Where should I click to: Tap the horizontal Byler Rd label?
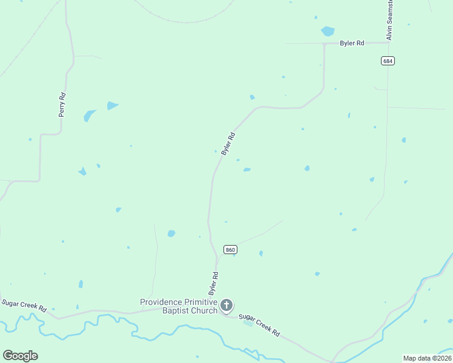352,43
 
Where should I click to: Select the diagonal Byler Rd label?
228,144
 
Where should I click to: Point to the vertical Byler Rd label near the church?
214,283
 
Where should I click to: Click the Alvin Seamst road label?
390,21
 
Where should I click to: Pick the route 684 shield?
388,60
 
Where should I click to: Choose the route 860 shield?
230,249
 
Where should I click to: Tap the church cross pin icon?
226,306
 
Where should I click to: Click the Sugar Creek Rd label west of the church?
24,305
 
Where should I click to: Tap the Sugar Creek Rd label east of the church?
259,325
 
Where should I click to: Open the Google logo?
20,356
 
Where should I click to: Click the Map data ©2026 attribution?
427,358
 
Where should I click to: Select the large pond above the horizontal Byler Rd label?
328,31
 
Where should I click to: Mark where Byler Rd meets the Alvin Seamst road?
388,42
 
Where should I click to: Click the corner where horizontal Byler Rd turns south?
325,44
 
